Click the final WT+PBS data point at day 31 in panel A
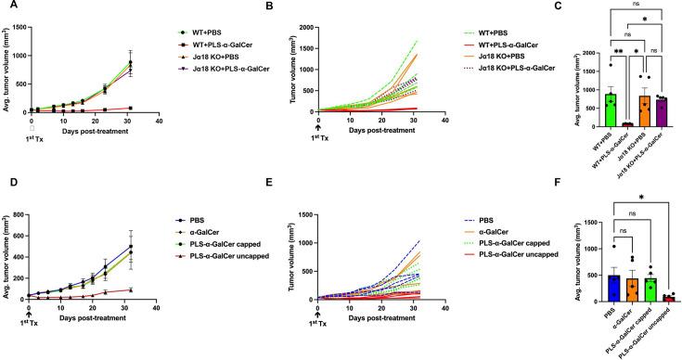tap(130, 63)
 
